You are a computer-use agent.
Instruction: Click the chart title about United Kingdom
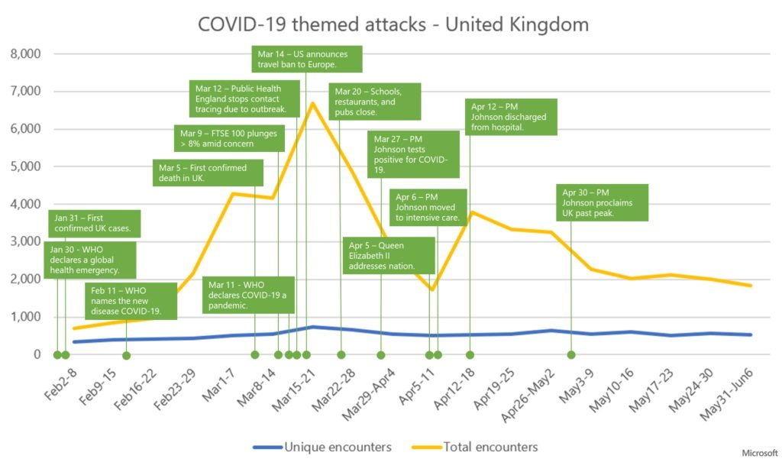(x=393, y=24)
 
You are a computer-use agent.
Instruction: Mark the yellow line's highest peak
(x=312, y=102)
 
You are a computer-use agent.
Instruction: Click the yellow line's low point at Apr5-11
(x=432, y=289)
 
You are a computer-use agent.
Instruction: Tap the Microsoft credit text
(x=759, y=452)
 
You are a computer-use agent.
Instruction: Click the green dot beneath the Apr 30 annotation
(x=571, y=354)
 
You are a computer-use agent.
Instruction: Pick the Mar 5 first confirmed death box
(x=209, y=173)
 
